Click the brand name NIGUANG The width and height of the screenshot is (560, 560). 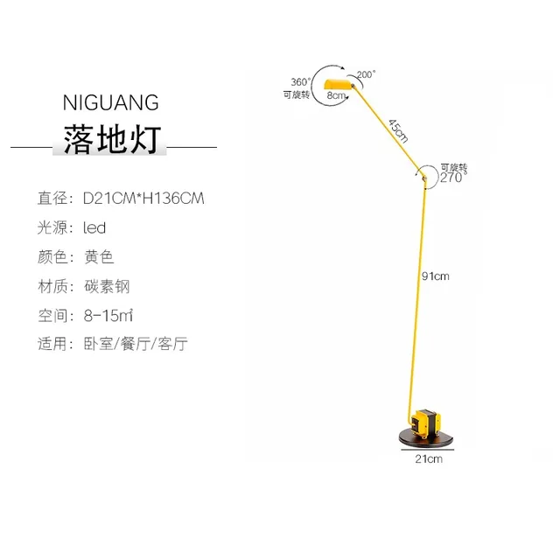coord(111,102)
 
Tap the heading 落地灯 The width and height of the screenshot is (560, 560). coord(111,140)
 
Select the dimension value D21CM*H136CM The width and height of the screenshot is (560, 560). coord(143,199)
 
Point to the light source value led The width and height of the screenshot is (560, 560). coord(94,228)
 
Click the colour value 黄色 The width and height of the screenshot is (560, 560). coord(99,257)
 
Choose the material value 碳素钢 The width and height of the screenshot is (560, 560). coord(106,286)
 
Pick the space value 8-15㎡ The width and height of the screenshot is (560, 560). coord(108,315)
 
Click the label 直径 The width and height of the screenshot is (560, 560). coord(51,199)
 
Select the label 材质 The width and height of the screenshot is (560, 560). coord(51,286)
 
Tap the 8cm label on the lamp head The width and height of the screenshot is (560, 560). coord(335,94)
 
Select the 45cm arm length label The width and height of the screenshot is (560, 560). coord(398,130)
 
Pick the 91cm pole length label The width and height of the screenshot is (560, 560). coord(435,277)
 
